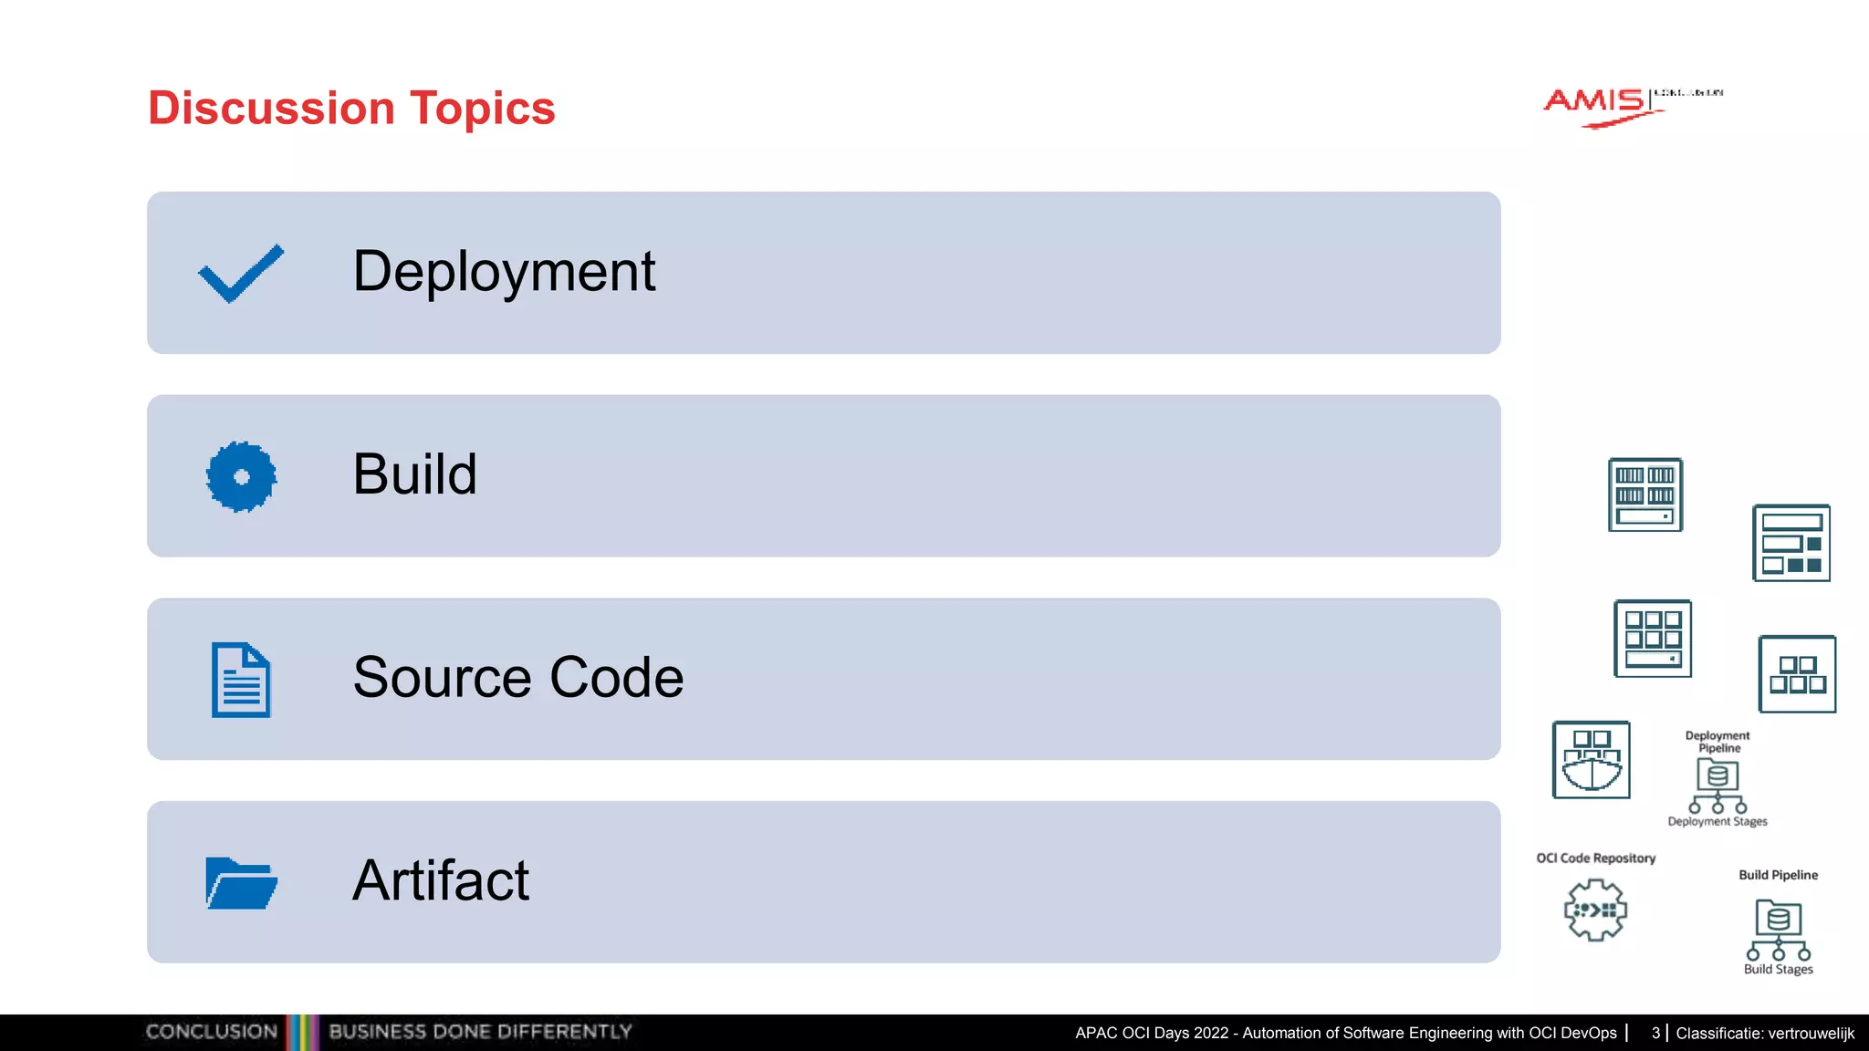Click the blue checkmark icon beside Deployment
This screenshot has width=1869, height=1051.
241,273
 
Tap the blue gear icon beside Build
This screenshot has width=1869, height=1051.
241,476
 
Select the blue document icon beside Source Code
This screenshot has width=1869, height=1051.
241,680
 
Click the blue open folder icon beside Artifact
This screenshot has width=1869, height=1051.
241,883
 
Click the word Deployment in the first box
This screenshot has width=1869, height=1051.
504,272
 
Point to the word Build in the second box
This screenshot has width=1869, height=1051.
414,474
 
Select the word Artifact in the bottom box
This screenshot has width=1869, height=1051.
440,881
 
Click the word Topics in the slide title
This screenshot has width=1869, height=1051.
482,109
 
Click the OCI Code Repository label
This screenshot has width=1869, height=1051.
1595,858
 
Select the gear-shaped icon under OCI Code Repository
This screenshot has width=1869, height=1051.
1594,910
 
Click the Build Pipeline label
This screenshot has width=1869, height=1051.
1778,875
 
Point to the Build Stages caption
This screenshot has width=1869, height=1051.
1778,970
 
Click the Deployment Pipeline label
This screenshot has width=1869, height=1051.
1718,742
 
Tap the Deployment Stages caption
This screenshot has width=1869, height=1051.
1718,822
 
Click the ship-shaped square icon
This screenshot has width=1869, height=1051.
1591,760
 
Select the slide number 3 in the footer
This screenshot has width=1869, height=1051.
1655,1033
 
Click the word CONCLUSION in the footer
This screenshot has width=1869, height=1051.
211,1032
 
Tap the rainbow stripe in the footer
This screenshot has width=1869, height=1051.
302,1032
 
